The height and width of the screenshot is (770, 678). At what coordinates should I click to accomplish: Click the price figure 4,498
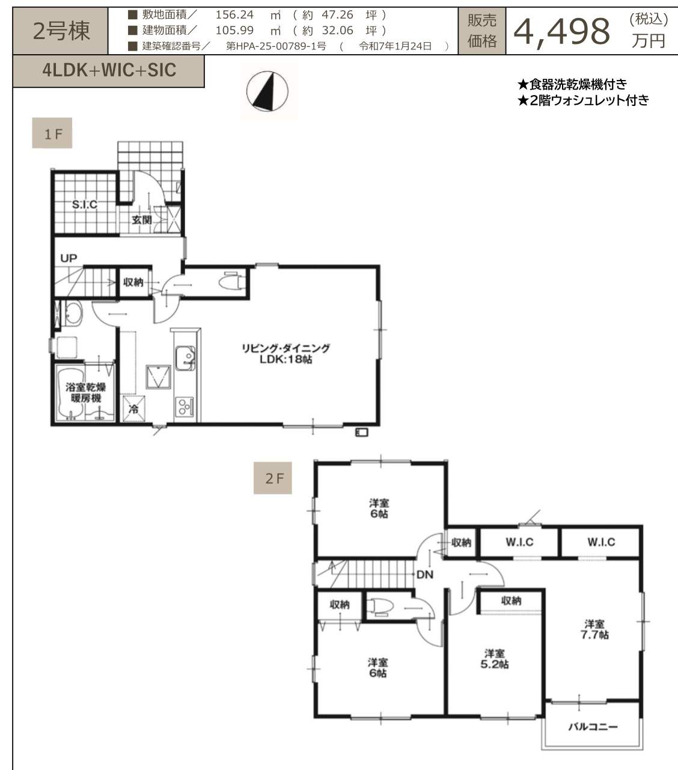click(562, 32)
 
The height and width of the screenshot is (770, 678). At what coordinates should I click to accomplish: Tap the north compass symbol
click(267, 91)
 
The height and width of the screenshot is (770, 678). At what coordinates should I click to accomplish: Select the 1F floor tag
click(52, 133)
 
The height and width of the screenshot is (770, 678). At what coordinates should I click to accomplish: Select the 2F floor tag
click(273, 478)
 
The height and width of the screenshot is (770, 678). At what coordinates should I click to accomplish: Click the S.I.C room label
click(84, 205)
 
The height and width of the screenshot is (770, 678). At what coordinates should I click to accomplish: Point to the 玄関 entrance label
click(142, 220)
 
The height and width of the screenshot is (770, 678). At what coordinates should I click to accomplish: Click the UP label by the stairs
click(69, 258)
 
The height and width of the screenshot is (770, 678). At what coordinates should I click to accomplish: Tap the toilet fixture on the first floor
click(232, 282)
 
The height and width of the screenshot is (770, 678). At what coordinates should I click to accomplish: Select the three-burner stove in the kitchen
click(185, 406)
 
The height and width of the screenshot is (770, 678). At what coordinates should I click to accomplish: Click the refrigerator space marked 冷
click(133, 409)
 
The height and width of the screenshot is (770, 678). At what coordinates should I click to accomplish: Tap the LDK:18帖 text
click(286, 359)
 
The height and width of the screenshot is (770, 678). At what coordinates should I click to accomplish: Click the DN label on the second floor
click(425, 574)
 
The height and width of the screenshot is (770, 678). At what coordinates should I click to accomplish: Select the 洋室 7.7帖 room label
click(594, 630)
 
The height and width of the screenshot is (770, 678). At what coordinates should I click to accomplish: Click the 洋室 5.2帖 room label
click(495, 659)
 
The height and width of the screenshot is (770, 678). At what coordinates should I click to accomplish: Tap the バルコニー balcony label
click(593, 727)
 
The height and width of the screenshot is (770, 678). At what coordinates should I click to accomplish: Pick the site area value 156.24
click(234, 15)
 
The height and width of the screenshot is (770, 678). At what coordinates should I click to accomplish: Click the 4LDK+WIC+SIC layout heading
click(109, 70)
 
